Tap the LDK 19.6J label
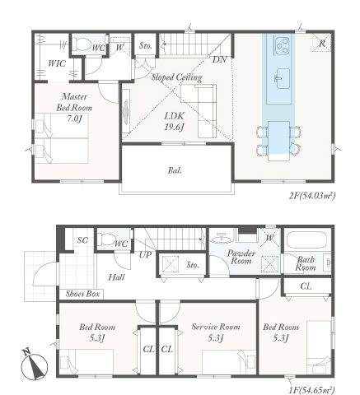[174, 121]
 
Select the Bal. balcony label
[175, 170]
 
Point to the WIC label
[57, 63]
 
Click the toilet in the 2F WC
[83, 44]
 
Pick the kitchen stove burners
[282, 44]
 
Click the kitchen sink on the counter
[283, 79]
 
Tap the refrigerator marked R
[321, 43]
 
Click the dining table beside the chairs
[278, 141]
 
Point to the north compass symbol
[34, 365]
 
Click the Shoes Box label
[82, 294]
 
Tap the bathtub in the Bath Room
[306, 240]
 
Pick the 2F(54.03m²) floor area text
[312, 196]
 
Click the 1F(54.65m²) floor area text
[312, 389]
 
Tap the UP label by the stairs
[145, 255]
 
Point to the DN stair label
[219, 59]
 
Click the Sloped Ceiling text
[177, 77]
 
